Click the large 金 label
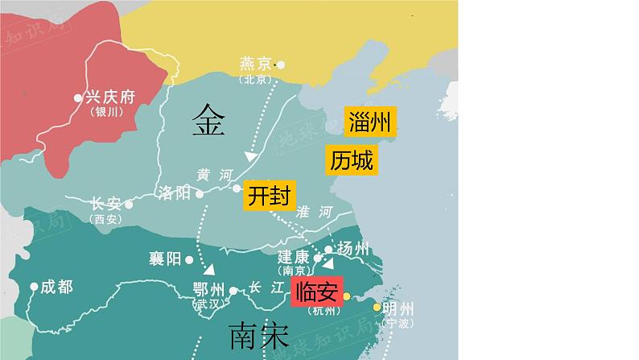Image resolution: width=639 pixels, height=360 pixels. pyautogui.click(x=208, y=122)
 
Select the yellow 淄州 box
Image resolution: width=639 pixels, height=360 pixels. pyautogui.click(x=370, y=122)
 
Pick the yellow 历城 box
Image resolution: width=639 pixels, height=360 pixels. pyautogui.click(x=352, y=160)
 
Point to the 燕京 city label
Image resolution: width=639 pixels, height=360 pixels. pyautogui.click(x=257, y=64)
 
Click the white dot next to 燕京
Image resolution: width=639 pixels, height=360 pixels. pyautogui.click(x=281, y=64)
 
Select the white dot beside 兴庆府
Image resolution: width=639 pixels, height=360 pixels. pyautogui.click(x=78, y=97)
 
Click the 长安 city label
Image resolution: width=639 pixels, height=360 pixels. pyautogui.click(x=106, y=204)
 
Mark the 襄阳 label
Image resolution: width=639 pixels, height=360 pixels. pyautogui.click(x=165, y=259)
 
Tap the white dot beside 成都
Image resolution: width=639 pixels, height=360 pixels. pyautogui.click(x=34, y=286)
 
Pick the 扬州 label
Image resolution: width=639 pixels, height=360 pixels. pyautogui.click(x=353, y=247)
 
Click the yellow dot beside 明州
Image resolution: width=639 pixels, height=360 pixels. pyautogui.click(x=376, y=308)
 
